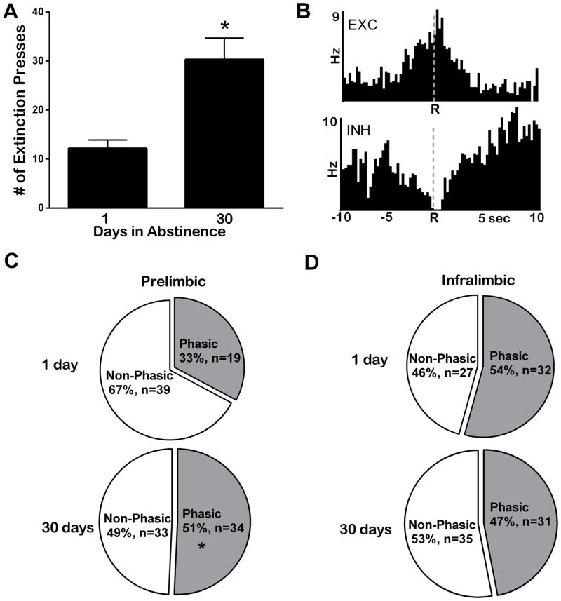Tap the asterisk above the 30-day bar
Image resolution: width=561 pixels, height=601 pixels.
tap(224, 27)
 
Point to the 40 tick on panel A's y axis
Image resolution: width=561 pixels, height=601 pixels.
tap(35, 12)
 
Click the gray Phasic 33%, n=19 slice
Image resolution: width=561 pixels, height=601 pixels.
tap(210, 351)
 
